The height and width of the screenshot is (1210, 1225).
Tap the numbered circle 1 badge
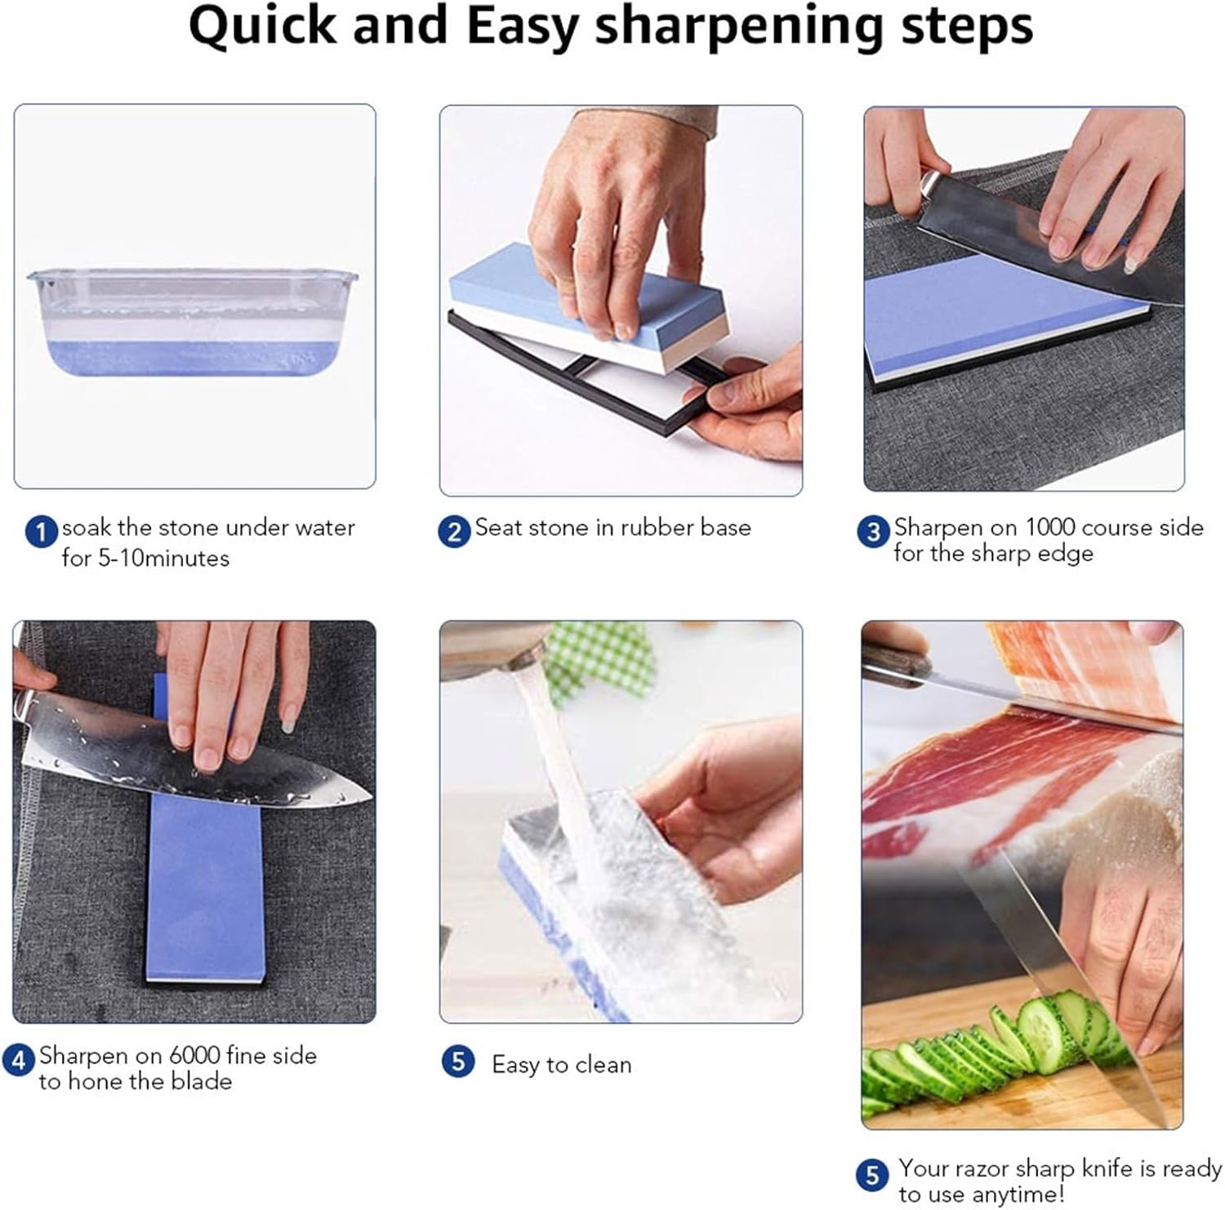(42, 532)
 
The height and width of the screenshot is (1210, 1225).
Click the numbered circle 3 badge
(873, 532)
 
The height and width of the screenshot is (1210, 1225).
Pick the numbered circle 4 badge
(19, 1060)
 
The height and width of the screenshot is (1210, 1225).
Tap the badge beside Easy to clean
(458, 1062)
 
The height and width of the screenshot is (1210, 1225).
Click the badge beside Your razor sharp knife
(872, 1175)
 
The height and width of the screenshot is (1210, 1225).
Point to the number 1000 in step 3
(1050, 527)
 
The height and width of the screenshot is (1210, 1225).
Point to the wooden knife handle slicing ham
(895, 663)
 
